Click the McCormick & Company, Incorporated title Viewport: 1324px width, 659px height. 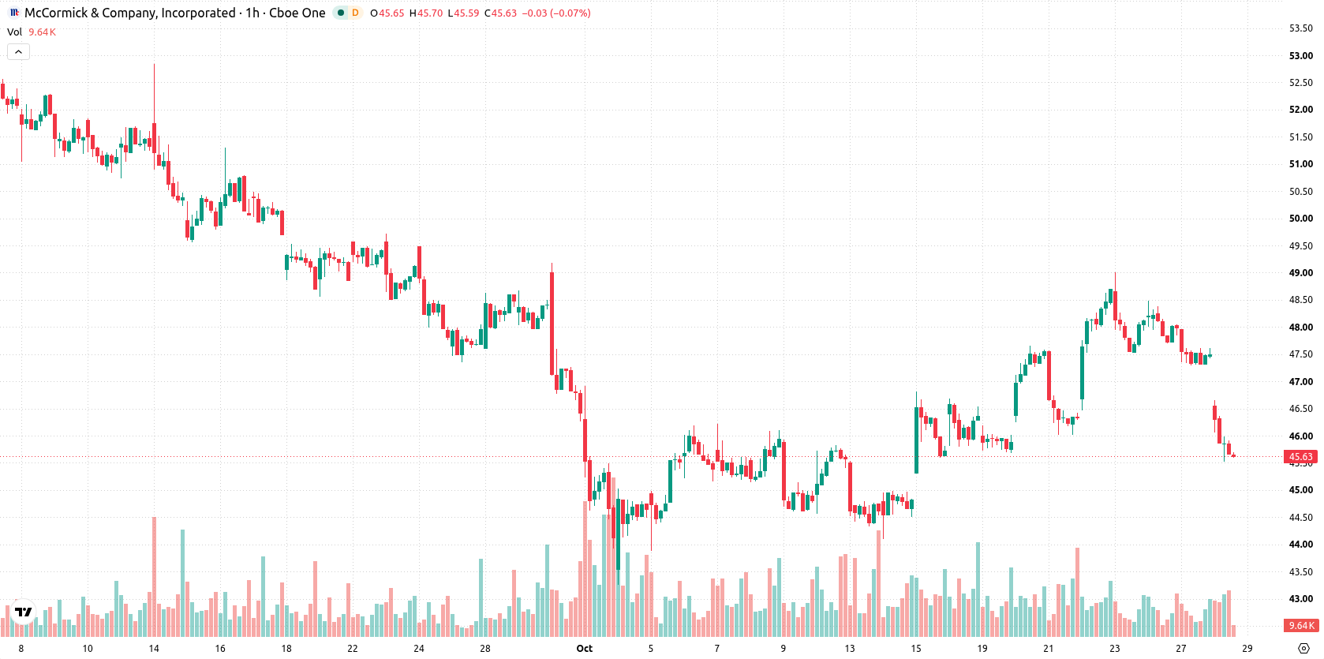(x=130, y=13)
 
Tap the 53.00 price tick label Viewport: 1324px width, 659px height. (x=1300, y=55)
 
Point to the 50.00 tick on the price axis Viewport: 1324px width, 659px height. (x=1300, y=219)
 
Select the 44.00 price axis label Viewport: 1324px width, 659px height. (x=1300, y=545)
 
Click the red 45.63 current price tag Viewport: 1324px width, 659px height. (x=1300, y=457)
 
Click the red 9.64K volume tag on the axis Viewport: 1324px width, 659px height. (x=1300, y=625)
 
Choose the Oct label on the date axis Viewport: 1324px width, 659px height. (x=584, y=649)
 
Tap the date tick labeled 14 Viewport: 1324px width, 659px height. (x=154, y=649)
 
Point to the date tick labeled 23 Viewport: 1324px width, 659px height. (x=1114, y=649)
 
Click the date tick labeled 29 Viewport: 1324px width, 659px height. (x=1247, y=649)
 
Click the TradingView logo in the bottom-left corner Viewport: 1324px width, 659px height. (x=24, y=612)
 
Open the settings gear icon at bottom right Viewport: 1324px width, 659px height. (x=1303, y=649)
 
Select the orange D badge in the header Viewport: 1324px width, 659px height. (x=355, y=13)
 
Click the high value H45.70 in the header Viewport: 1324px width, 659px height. (x=425, y=13)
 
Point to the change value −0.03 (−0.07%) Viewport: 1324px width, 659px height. (x=556, y=13)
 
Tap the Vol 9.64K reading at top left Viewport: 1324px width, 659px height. (x=32, y=32)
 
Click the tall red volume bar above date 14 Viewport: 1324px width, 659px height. (x=155, y=577)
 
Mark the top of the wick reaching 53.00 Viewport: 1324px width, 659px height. (x=155, y=64)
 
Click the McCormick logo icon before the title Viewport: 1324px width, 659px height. (x=15, y=13)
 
